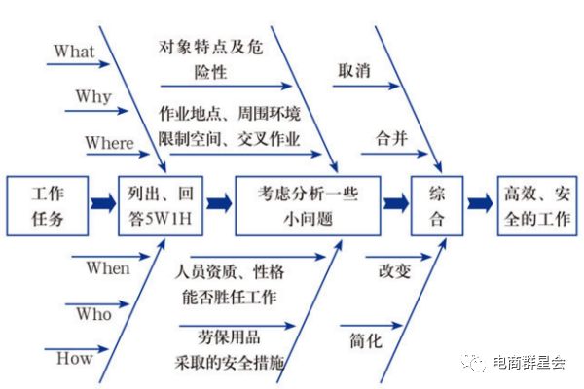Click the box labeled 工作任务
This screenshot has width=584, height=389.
tap(48, 205)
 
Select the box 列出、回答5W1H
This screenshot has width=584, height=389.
tap(161, 205)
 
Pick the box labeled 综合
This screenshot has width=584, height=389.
tap(437, 205)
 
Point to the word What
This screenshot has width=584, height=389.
tap(74, 51)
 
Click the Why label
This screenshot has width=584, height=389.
tap(93, 97)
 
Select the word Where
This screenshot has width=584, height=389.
tap(109, 143)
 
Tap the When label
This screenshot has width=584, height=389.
tap(107, 267)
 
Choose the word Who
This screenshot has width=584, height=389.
tap(94, 314)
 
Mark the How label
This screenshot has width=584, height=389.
tap(75, 359)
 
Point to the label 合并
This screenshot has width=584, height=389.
tap(391, 138)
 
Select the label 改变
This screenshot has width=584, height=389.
tap(393, 270)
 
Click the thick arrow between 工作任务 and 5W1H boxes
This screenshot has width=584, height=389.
tap(102, 204)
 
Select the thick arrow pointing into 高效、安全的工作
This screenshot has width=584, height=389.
tap(479, 204)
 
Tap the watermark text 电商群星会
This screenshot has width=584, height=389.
tap(529, 362)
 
